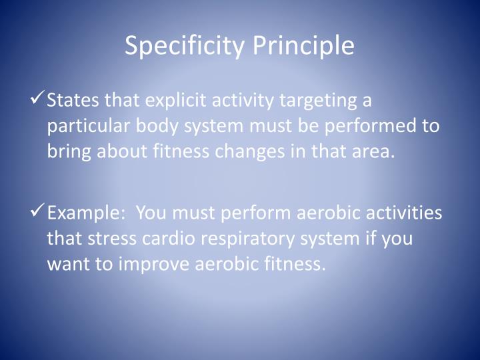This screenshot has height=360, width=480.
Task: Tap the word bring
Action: click(x=69, y=151)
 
